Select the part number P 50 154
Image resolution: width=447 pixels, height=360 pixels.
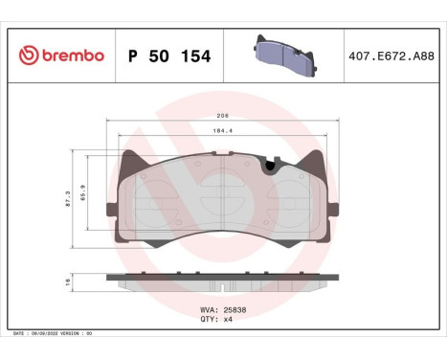tap(169, 56)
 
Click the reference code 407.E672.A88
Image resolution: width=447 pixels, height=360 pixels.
tap(392, 56)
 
